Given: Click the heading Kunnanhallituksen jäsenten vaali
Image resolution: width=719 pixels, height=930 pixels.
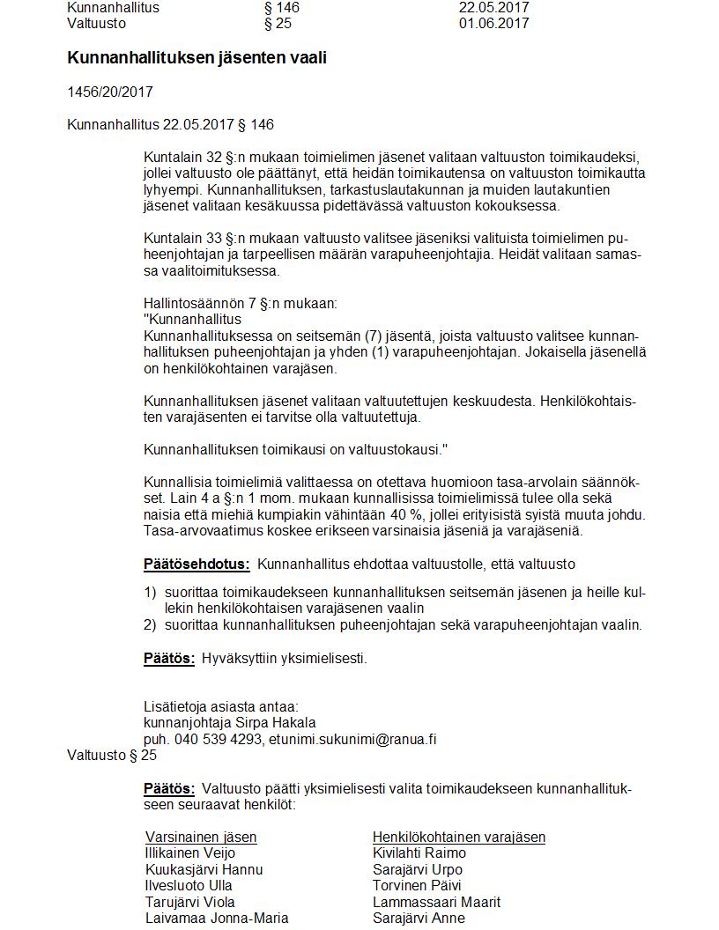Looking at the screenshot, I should click(x=190, y=58).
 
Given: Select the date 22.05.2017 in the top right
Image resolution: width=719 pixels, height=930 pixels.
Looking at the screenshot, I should click(x=493, y=8).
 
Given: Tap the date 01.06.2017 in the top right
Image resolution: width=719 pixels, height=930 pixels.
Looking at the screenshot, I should click(x=493, y=24).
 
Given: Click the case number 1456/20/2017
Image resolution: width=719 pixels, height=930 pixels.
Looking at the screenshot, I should click(x=110, y=92).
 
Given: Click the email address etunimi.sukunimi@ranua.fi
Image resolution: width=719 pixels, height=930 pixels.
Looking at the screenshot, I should click(x=352, y=740).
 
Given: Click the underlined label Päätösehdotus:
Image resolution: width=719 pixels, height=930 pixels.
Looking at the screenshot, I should click(x=196, y=564).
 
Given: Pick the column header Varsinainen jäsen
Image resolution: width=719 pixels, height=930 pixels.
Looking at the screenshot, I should click(x=201, y=837).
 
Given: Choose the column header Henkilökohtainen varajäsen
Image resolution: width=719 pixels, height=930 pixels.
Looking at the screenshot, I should click(x=459, y=837).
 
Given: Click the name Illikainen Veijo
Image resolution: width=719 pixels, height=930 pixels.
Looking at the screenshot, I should click(x=189, y=852).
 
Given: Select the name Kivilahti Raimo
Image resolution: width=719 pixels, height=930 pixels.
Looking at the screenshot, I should click(x=419, y=852).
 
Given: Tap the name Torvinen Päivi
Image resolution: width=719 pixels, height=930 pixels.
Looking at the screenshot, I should click(x=417, y=885).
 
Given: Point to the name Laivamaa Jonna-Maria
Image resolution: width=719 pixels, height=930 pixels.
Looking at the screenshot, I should click(x=216, y=918).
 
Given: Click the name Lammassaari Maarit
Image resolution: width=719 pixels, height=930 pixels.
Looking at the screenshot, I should click(x=436, y=902).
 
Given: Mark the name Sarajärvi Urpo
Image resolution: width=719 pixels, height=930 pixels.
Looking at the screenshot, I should click(x=417, y=869).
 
